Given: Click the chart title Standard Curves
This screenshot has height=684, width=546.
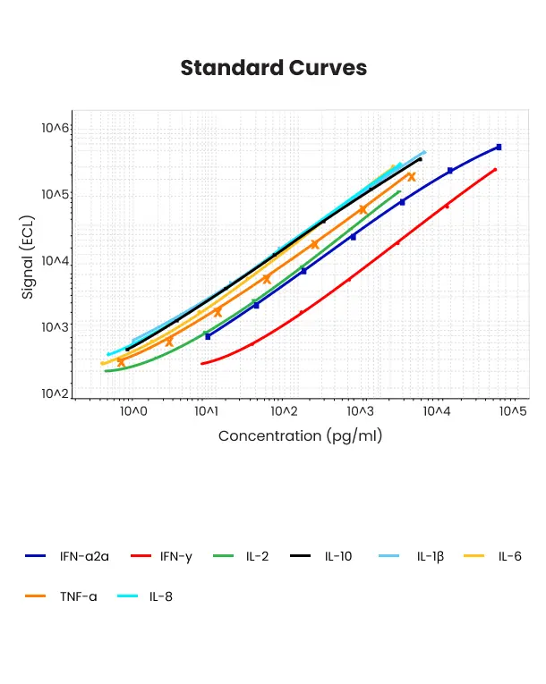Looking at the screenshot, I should [x=273, y=68].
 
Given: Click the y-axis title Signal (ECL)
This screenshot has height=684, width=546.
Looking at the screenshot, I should [x=28, y=258].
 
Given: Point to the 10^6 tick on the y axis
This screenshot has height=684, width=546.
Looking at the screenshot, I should [x=55, y=129].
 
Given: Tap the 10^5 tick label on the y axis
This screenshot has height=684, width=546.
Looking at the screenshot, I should [x=55, y=195].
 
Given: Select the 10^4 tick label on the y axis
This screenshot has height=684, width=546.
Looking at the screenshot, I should [x=55, y=261].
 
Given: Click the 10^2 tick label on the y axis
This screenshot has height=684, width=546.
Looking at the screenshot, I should [x=55, y=393].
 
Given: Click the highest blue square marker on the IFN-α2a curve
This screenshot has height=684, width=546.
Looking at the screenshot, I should [x=499, y=147].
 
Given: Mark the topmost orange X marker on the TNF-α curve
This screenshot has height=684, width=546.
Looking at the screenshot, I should [x=412, y=176].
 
